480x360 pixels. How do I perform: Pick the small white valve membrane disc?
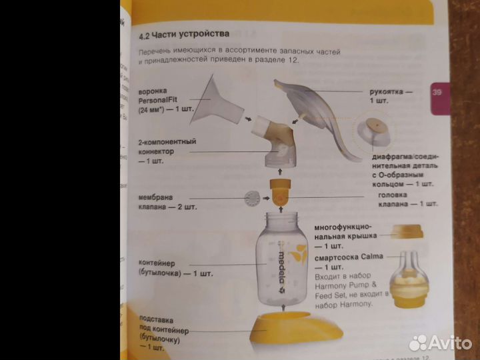click(x=252, y=198)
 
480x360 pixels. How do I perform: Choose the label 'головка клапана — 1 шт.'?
click(x=407, y=199)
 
